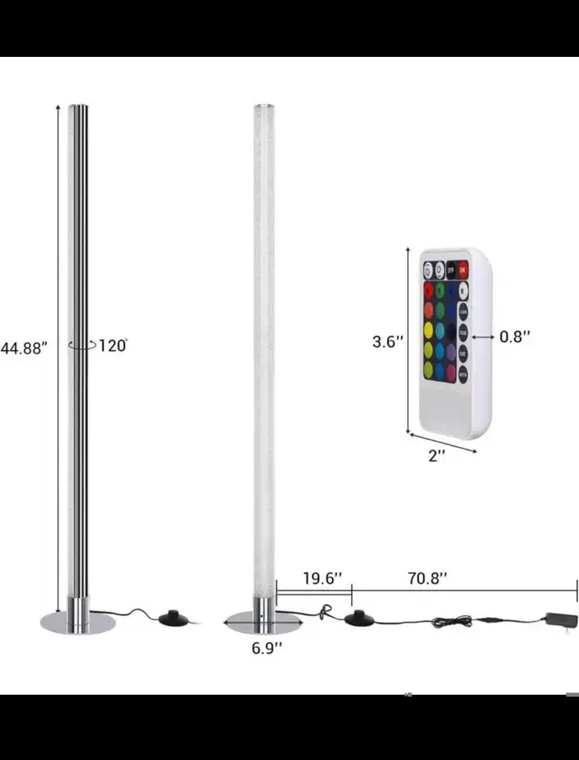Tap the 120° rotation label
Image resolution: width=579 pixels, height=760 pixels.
(113, 345)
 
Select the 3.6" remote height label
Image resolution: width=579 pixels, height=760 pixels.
(386, 343)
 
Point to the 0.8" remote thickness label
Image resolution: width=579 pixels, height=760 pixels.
(515, 336)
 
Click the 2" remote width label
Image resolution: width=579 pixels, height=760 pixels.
(437, 456)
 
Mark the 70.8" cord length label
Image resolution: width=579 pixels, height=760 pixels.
(427, 577)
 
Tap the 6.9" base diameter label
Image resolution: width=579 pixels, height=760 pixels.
(266, 647)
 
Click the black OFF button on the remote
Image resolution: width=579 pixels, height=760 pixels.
(451, 270)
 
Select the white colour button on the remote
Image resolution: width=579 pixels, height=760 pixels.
(463, 291)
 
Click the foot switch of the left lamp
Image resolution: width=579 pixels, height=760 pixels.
(172, 620)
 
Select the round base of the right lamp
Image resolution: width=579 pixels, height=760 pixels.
(262, 622)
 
